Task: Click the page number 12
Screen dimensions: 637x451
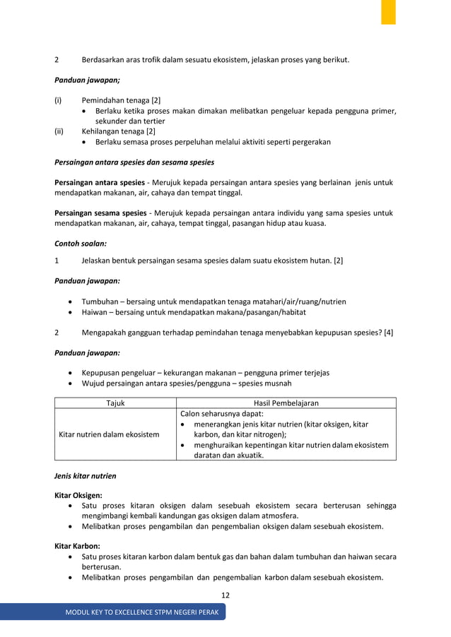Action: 225,595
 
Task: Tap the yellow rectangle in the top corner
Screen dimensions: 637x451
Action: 388,12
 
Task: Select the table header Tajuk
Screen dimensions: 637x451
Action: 115,403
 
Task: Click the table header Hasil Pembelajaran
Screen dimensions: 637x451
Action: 286,403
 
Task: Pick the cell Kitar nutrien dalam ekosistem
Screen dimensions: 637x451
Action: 107,434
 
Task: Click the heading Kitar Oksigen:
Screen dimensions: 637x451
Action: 78,496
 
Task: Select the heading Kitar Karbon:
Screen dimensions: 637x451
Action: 77,546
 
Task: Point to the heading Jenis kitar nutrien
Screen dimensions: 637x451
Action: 86,476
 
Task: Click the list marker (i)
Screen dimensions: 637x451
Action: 59,100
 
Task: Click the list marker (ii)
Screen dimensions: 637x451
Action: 59,131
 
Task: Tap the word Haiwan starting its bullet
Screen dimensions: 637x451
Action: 95,312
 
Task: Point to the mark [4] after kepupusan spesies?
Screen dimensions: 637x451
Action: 388,332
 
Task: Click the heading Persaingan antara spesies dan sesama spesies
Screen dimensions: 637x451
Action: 134,162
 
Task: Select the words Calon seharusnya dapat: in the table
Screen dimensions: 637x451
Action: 222,414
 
